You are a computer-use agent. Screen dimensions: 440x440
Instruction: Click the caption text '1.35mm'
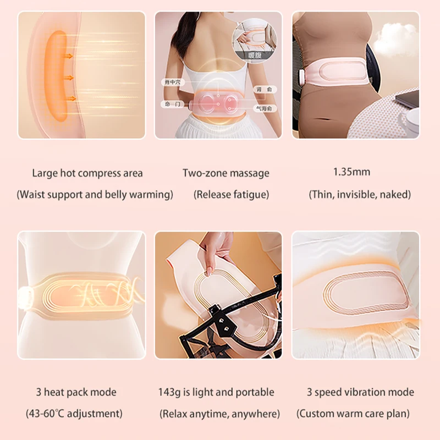(x=351, y=172)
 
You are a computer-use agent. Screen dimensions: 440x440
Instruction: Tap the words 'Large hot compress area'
(x=87, y=173)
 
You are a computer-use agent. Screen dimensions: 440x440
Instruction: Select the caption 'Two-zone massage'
(x=226, y=173)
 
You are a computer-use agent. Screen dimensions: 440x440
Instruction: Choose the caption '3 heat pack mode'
(x=76, y=392)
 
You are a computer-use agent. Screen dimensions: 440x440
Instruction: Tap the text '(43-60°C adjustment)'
(x=74, y=413)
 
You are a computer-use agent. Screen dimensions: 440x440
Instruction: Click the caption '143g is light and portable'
(x=216, y=392)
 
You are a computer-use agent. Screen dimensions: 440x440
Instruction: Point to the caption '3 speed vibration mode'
(x=360, y=392)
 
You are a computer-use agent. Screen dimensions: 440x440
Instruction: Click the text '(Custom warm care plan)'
(x=355, y=413)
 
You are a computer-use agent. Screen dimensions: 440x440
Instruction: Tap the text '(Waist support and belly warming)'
(x=95, y=194)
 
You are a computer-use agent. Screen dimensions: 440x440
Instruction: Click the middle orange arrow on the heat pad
(x=68, y=77)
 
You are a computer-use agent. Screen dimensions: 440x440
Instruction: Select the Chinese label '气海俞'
(x=262, y=109)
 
